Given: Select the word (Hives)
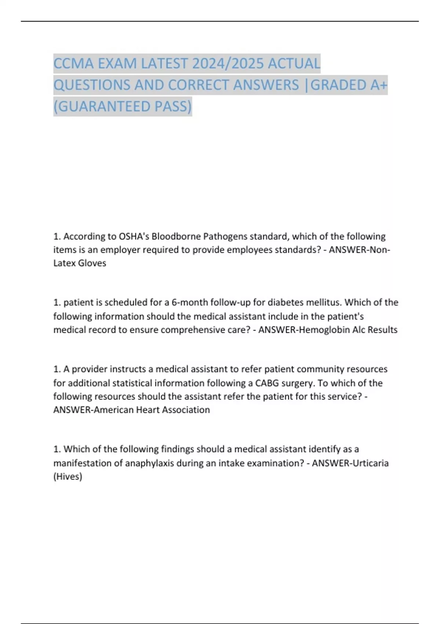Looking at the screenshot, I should click(68, 476).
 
